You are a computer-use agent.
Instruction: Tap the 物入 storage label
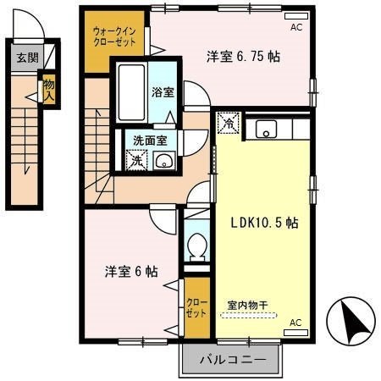49,90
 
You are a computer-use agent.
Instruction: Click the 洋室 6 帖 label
131,272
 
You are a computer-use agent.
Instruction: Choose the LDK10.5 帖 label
265,224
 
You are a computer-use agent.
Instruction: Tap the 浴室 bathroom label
163,91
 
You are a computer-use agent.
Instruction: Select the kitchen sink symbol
266,130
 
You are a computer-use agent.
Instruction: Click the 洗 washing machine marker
136,159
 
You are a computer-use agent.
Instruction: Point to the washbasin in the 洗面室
164,161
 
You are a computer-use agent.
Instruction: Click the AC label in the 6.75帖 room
296,27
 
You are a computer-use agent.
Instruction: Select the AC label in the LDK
295,323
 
